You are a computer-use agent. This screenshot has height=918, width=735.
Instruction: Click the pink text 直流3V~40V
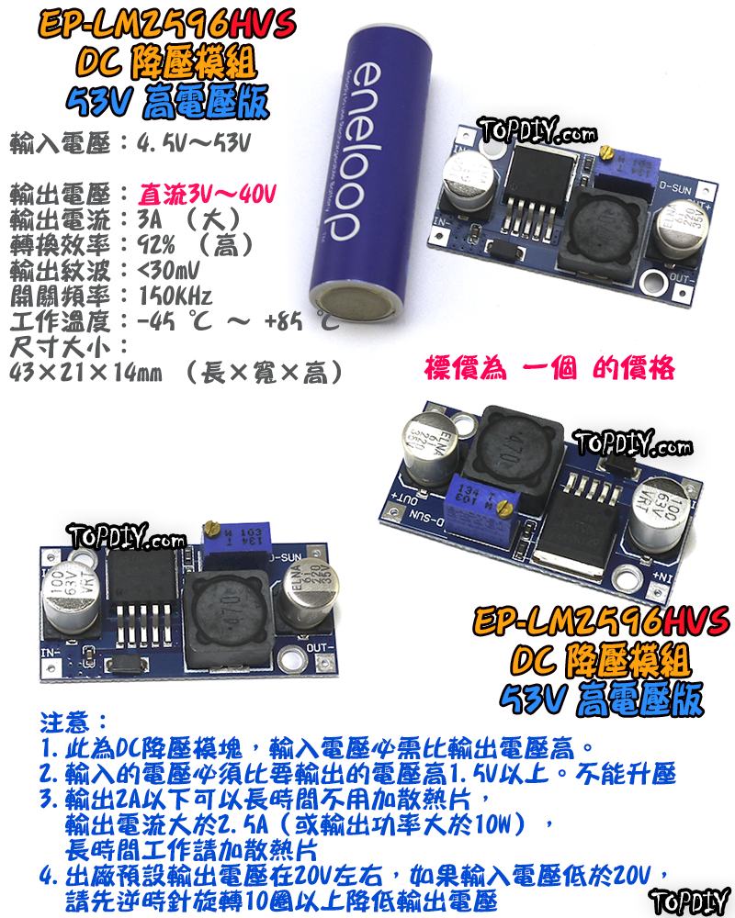(208, 195)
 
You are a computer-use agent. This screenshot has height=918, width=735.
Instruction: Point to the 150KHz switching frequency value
(174, 297)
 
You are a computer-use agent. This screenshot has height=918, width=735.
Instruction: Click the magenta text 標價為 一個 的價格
(549, 368)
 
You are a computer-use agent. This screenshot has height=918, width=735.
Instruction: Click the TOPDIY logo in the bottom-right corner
(688, 900)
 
